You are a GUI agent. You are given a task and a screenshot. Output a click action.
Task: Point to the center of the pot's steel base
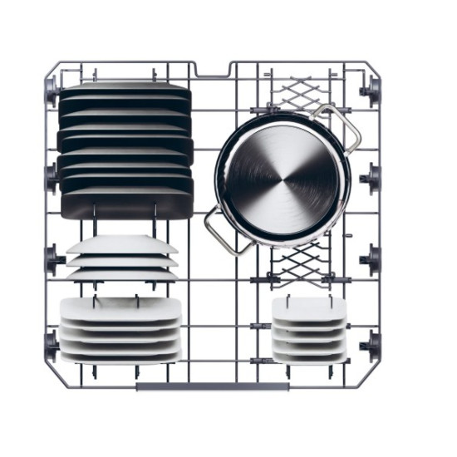click(283, 177)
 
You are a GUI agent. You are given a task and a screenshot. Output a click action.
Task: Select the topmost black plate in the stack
click(125, 93)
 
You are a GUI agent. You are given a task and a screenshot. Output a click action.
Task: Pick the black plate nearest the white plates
click(126, 203)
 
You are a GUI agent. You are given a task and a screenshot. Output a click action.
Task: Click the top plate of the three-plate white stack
click(122, 244)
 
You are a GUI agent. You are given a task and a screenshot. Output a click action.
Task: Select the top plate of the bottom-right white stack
click(307, 307)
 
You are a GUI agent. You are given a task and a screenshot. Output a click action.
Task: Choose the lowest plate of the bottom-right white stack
click(307, 355)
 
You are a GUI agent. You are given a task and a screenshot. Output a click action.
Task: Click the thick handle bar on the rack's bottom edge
click(213, 386)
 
